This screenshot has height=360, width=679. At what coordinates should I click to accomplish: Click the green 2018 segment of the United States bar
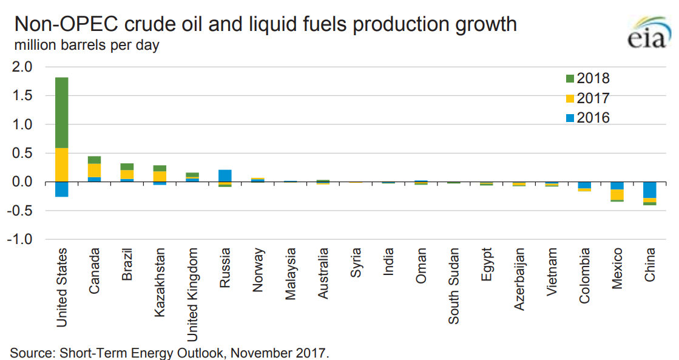[x=61, y=112]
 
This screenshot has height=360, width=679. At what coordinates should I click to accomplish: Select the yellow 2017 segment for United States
[x=61, y=165]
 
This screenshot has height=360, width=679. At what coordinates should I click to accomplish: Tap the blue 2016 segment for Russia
[x=225, y=175]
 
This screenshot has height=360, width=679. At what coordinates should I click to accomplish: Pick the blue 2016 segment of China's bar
[x=650, y=190]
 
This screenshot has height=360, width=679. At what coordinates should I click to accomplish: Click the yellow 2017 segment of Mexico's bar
[x=617, y=194]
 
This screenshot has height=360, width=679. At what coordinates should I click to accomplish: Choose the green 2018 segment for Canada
[x=94, y=160]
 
